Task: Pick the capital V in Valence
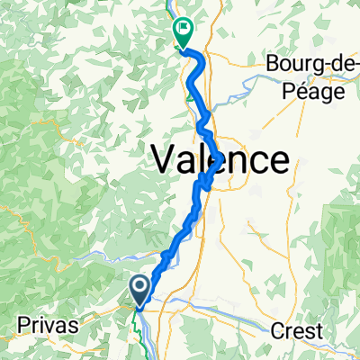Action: click(162, 160)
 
